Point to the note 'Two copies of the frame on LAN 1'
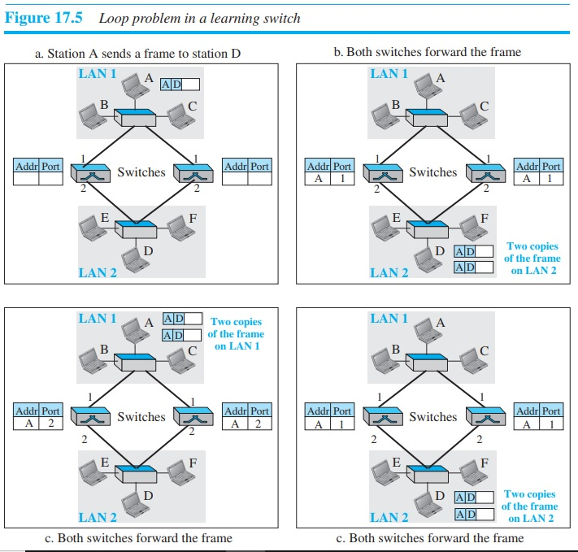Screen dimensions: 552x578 pyautogui.click(x=236, y=334)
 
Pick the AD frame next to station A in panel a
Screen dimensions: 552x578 pyautogui.click(x=180, y=84)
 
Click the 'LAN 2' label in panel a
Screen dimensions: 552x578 pyautogui.click(x=98, y=272)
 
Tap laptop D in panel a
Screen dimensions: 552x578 pyautogui.click(x=130, y=257)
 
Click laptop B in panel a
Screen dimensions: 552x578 pyautogui.click(x=92, y=119)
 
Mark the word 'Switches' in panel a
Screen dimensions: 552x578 pyautogui.click(x=141, y=172)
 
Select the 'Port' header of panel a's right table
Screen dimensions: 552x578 pyautogui.click(x=259, y=166)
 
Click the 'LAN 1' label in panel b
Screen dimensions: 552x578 pyautogui.click(x=389, y=74)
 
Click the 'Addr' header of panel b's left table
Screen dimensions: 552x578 pyautogui.click(x=318, y=166)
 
